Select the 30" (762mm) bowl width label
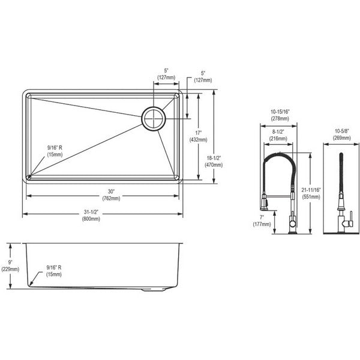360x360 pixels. [111, 194]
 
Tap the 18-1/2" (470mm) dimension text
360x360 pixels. [214, 161]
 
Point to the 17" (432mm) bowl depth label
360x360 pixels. [199, 136]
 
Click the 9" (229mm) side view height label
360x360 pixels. [10, 266]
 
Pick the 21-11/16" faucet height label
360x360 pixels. [311, 193]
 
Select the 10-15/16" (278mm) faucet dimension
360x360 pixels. [280, 115]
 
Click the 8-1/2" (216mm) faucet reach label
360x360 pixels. [278, 135]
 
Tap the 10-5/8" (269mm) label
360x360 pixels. [342, 134]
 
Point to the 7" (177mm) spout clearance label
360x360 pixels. [262, 221]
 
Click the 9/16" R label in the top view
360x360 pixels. [55, 151]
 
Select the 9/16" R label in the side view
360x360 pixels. [54, 271]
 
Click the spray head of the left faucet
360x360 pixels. [264, 202]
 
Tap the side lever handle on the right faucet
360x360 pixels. [350, 219]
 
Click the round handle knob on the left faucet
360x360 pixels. [292, 223]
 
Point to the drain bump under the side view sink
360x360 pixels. [154, 290]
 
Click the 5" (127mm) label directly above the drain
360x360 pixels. [166, 74]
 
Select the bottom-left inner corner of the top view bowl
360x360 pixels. [29, 176]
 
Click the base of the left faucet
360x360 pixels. [293, 233]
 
